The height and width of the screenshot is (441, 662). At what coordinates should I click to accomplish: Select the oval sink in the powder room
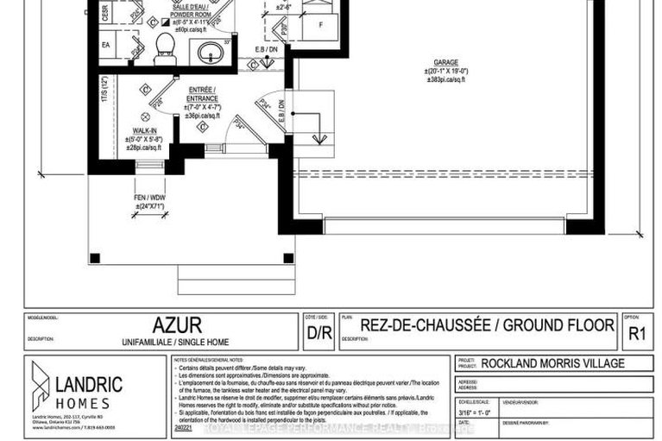pos(209,53)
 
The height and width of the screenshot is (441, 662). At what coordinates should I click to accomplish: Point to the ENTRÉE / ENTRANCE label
pos(202,94)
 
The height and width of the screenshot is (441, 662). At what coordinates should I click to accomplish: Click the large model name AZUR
pos(177,325)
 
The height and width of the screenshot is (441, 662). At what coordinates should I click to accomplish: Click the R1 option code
pos(637,329)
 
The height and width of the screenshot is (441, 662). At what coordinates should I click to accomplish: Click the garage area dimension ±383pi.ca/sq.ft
pos(446,79)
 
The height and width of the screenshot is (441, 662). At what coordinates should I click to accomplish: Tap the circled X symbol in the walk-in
pos(144,115)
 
